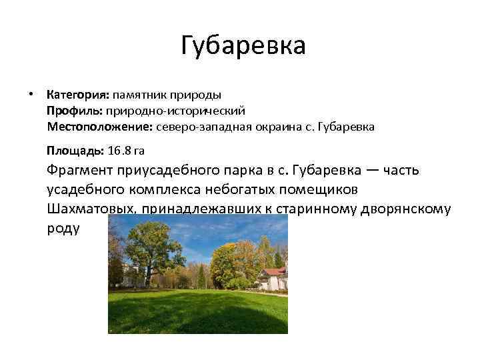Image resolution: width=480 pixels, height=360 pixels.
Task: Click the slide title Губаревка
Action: [x=243, y=46]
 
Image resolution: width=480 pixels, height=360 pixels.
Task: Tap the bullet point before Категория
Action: [x=30, y=93]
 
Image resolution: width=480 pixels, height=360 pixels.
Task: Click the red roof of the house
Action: [x=274, y=272]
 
